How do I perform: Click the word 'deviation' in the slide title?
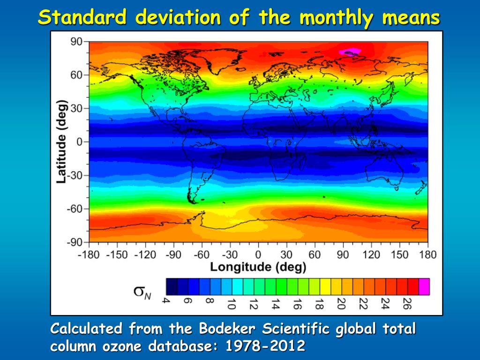coord(178,18)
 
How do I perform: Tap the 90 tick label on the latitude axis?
coord(76,42)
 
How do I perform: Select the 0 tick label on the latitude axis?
coord(80,142)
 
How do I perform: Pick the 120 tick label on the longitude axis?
coord(371,255)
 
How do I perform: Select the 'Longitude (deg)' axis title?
coord(258,267)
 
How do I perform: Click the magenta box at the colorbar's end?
coord(424,286)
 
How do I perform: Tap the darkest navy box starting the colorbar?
coord(172,286)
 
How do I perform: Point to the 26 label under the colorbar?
coord(407,304)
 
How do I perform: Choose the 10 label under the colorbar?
coord(230,304)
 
